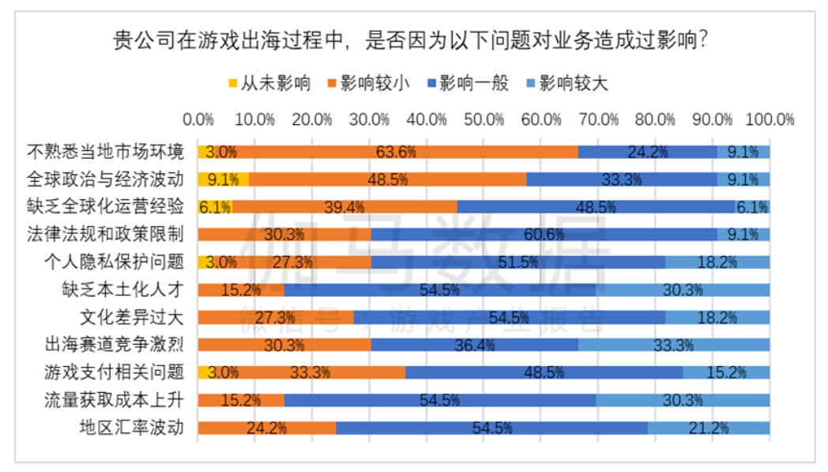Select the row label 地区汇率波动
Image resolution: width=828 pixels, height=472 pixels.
132,428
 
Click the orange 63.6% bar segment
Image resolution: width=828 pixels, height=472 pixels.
396,152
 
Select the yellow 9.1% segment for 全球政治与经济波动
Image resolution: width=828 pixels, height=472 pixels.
224,179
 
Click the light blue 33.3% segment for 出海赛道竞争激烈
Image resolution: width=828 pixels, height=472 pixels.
674,345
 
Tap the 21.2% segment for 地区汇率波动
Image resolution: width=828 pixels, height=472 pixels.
709,428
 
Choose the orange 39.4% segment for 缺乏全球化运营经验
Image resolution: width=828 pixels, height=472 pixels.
344,207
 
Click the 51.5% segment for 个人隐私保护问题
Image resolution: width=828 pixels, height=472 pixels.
517,262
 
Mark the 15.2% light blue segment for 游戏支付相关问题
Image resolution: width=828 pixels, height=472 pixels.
726,372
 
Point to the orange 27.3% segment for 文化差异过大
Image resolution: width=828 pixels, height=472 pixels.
276,318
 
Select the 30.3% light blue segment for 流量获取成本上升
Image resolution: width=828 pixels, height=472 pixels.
683,400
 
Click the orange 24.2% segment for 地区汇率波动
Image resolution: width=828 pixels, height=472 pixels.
267,428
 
